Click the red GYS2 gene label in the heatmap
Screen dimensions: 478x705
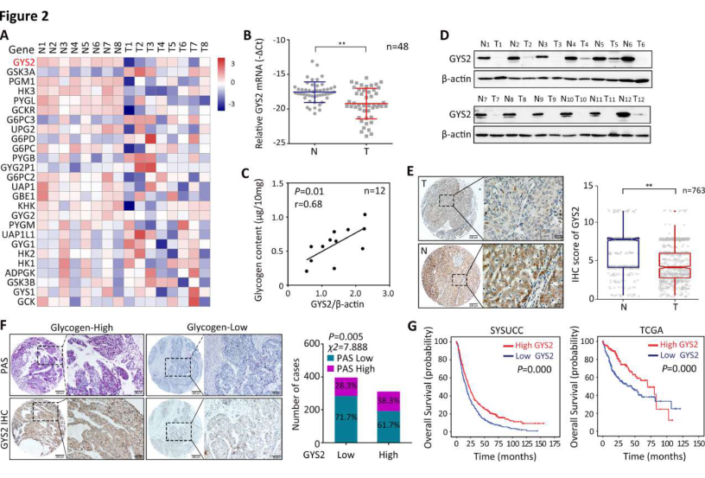(x=23, y=62)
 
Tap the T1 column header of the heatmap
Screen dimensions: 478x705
(x=129, y=48)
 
